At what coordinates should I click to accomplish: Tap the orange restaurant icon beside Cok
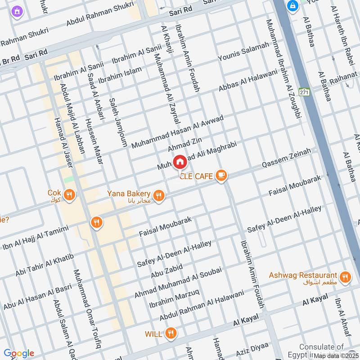tap(69, 195)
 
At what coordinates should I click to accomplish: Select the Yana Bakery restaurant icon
tap(158, 195)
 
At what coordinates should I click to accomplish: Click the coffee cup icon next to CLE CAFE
tap(220, 175)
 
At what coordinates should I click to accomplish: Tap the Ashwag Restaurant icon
tap(345, 277)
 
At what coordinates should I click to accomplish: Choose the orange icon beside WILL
tap(171, 333)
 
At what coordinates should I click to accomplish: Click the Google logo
tap(18, 353)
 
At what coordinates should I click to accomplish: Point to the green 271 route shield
tap(305, 92)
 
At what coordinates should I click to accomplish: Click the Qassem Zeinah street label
tap(286, 159)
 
